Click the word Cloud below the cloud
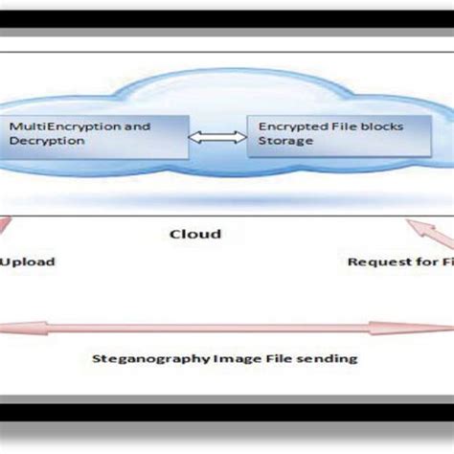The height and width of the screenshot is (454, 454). (x=194, y=233)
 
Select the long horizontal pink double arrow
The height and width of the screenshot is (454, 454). (x=227, y=328)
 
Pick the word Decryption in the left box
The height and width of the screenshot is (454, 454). (x=40, y=141)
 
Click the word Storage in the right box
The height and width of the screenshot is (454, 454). (x=278, y=141)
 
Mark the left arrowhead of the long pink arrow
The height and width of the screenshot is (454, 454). (x=8, y=328)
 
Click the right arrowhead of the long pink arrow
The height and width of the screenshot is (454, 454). (x=446, y=328)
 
